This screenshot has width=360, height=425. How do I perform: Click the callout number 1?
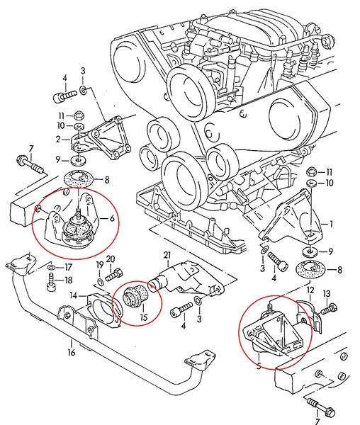point(329,224)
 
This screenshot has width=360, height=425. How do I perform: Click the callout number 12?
point(309,290)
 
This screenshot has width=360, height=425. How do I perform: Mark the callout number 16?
point(71,351)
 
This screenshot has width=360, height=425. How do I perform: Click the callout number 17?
point(68,268)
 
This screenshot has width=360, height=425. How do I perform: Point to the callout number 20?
point(111,259)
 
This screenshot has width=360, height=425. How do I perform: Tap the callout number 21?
point(167,255)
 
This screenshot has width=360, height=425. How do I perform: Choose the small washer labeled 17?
point(52,268)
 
